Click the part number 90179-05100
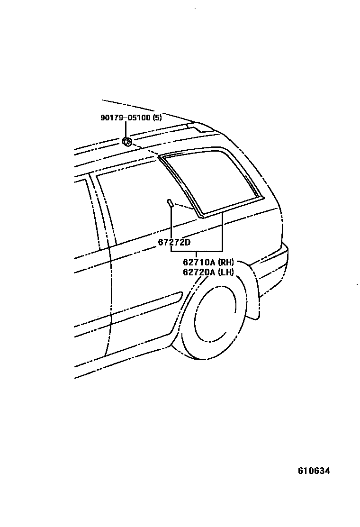click(x=126, y=118)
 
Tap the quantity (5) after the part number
click(x=157, y=118)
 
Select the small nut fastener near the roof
click(x=127, y=141)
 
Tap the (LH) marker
click(x=226, y=272)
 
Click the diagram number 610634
click(x=314, y=471)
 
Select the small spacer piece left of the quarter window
click(x=170, y=203)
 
